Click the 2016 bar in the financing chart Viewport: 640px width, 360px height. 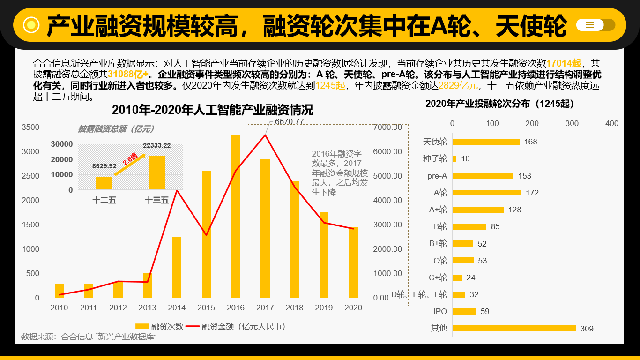pyautogui.click(x=235, y=217)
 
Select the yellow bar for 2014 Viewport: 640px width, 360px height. pyautogui.click(x=177, y=267)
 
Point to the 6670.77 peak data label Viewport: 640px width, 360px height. pyautogui.click(x=289, y=121)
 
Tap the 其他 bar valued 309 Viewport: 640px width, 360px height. pyautogui.click(x=514, y=328)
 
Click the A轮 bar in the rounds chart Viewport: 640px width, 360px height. pyautogui.click(x=486, y=193)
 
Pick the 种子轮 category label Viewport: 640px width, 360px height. pyautogui.click(x=435, y=158)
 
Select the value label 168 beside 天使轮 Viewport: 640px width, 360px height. pyautogui.click(x=530, y=142)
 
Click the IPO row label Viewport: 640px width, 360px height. pyautogui.click(x=440, y=311)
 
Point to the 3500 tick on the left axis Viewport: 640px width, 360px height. pyautogui.click(x=30, y=127)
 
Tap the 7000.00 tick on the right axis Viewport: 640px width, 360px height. pyautogui.click(x=387, y=127)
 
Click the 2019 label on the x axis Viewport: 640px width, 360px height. pyautogui.click(x=324, y=307)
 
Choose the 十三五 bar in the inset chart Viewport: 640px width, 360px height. pyautogui.click(x=156, y=172)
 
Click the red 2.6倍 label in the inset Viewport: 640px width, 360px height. pyautogui.click(x=130, y=159)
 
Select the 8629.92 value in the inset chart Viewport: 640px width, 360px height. pyautogui.click(x=104, y=166)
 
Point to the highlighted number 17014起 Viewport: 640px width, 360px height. pyautogui.click(x=564, y=63)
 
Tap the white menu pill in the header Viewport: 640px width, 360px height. pyautogui.click(x=590, y=25)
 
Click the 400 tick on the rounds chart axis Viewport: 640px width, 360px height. pyautogui.click(x=612, y=123)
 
